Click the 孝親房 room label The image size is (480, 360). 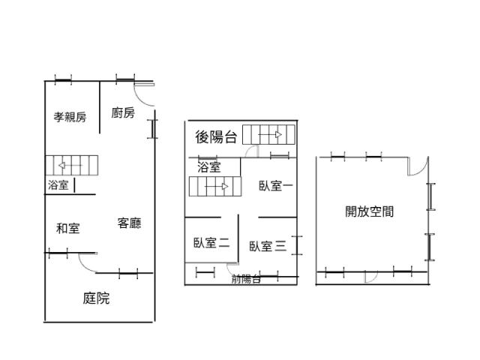point(70,117)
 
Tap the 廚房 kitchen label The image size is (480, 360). point(123,112)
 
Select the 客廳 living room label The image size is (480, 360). point(129,223)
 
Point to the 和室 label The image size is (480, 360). point(68,228)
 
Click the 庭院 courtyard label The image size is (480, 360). point(96,298)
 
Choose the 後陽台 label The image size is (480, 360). point(217,136)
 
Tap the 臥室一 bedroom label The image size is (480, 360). point(276,186)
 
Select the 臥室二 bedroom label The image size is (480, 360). point(211,243)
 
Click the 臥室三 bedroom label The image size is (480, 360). point(268,246)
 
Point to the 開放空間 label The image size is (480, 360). point(370,211)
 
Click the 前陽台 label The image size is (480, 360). point(246,279)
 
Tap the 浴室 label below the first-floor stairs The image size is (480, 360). point(58,185)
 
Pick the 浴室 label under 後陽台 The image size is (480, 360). point(209,167)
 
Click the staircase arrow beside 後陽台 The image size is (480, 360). point(270,135)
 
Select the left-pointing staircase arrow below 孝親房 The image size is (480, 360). point(70,166)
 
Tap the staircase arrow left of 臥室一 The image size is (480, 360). point(217,187)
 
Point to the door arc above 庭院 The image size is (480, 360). point(84,265)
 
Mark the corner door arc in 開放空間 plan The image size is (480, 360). point(421,170)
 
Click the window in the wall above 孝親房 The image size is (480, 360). point(63,80)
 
